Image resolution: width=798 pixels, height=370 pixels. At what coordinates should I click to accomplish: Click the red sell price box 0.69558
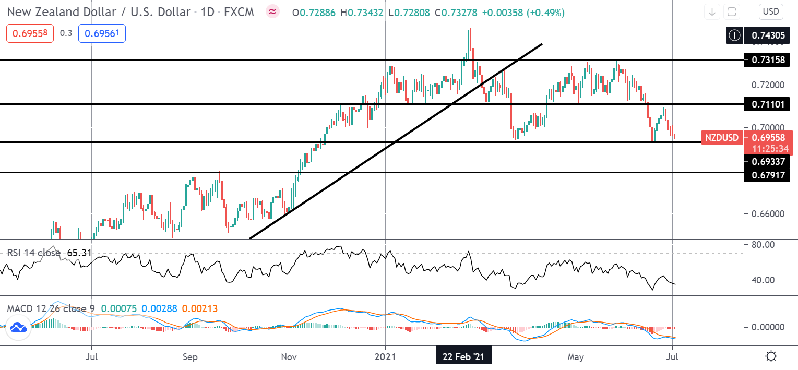pos(30,33)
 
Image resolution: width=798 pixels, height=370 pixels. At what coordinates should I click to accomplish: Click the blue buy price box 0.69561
pos(102,33)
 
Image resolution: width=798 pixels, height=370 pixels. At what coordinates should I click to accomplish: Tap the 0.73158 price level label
pos(768,60)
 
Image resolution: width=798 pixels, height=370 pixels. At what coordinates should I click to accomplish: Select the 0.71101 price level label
pos(768,104)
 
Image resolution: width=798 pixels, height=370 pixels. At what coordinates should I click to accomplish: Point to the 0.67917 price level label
pos(768,175)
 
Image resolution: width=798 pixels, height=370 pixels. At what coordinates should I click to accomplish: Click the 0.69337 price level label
pos(768,162)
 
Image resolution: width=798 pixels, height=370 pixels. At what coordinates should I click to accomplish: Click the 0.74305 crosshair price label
pos(768,35)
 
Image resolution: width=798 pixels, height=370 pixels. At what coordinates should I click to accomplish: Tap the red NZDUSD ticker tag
pos(722,137)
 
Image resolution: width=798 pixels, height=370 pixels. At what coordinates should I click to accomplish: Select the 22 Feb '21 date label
pos(463,356)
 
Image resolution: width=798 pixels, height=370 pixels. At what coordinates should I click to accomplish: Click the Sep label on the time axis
pos(190,356)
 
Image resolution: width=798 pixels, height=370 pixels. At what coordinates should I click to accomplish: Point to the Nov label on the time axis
pos(289,356)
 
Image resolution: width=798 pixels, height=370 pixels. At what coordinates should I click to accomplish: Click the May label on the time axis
pos(576,356)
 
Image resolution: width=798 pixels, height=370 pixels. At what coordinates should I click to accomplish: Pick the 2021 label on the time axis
pos(385,356)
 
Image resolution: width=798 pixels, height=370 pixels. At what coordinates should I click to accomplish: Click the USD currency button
pos(770,12)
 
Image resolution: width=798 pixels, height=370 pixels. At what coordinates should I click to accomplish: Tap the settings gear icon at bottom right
pos(771,356)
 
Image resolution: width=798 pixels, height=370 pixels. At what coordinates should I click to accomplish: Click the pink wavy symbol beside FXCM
pos(272,12)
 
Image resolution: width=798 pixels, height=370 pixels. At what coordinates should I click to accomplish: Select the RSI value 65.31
pos(79,253)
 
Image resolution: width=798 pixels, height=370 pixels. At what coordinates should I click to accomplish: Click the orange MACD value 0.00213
pos(200,308)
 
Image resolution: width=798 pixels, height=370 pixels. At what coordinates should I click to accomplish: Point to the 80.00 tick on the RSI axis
pos(763,245)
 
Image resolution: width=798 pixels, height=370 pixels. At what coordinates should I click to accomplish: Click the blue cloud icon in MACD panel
pos(18,327)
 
